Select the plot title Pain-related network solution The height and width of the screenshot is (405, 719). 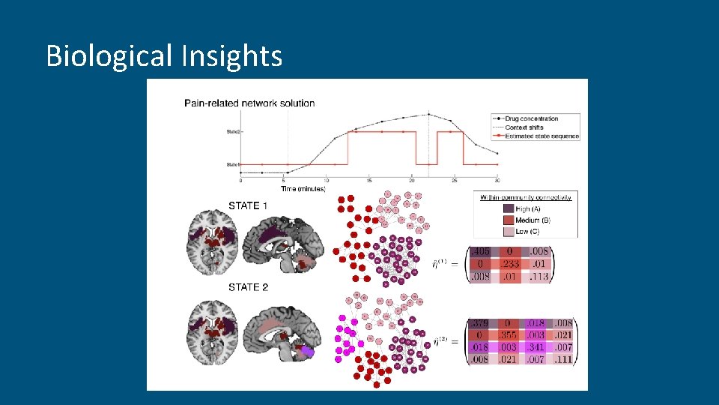pyautogui.click(x=249, y=103)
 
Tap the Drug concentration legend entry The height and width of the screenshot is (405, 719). pyautogui.click(x=531, y=118)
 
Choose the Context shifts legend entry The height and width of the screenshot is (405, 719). pyautogui.click(x=525, y=127)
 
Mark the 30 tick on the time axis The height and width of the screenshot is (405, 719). pyautogui.click(x=497, y=181)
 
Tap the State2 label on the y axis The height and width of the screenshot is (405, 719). pyautogui.click(x=232, y=131)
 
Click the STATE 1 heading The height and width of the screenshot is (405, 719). pyautogui.click(x=243, y=205)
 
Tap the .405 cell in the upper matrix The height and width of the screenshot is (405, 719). pyautogui.click(x=480, y=252)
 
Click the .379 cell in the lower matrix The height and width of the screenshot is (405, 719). pyautogui.click(x=479, y=324)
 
